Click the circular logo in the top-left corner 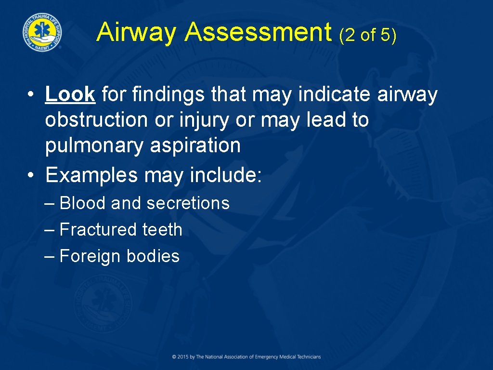42,31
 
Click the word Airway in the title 137,33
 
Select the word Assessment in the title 258,33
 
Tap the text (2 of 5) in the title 367,35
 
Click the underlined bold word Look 70,94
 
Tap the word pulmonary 94,145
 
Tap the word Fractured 98,229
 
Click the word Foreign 90,256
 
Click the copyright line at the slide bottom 246,357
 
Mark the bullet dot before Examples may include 30,176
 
